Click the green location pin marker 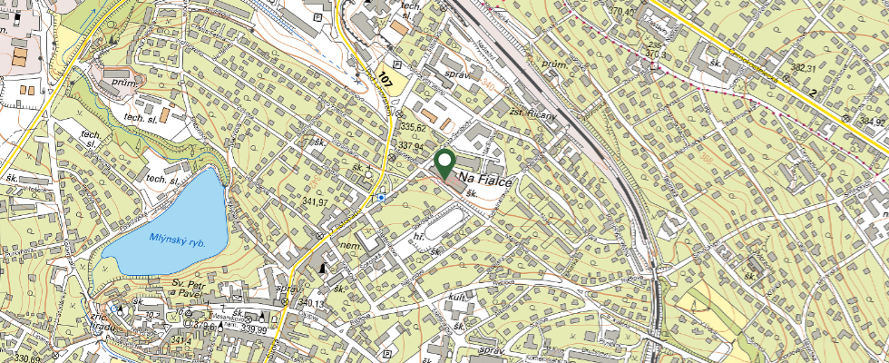pos(444,163)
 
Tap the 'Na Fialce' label pos(486,181)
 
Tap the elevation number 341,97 pos(315,201)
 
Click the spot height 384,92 pos(871,121)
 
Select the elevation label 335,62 pos(413,127)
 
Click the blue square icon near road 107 pos(383,196)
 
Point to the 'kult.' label pos(456,297)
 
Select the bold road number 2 pos(814,93)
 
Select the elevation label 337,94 pos(411,145)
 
